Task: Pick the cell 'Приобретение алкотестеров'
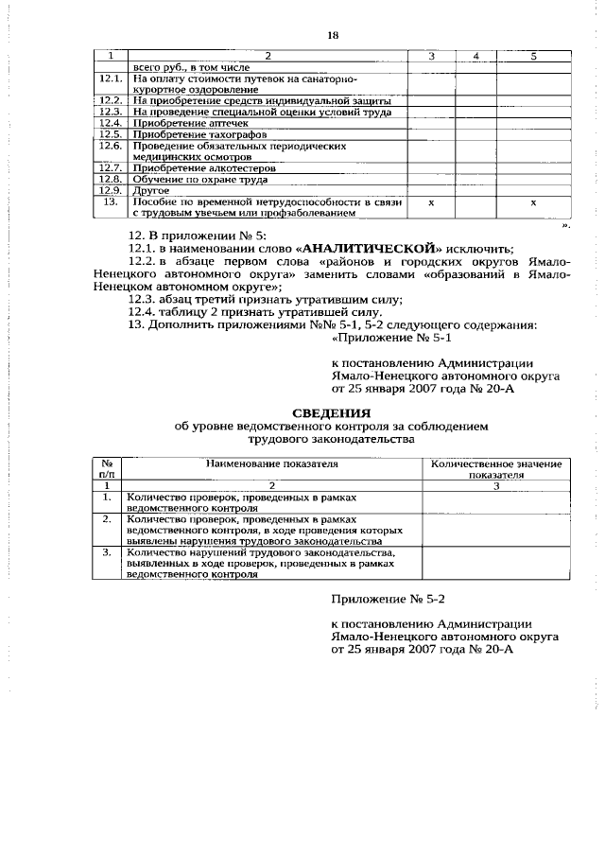[x=186, y=167]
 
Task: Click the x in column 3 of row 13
[x=431, y=202]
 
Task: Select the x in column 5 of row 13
[x=533, y=202]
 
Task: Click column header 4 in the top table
[x=476, y=57]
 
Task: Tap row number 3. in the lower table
[x=108, y=551]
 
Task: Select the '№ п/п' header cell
[x=108, y=470]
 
